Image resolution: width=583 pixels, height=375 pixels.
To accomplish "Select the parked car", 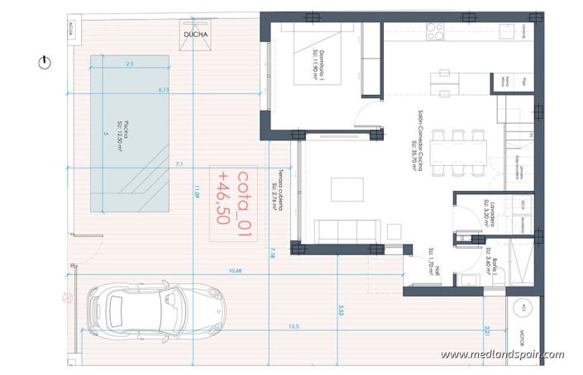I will pos(157,308).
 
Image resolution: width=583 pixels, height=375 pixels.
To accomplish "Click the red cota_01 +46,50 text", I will pos(232,198).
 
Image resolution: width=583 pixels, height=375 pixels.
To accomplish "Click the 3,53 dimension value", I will pos(341,311).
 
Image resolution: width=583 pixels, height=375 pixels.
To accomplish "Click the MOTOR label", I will pos(523,338).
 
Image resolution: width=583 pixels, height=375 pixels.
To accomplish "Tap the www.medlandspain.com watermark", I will pos(502,355).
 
